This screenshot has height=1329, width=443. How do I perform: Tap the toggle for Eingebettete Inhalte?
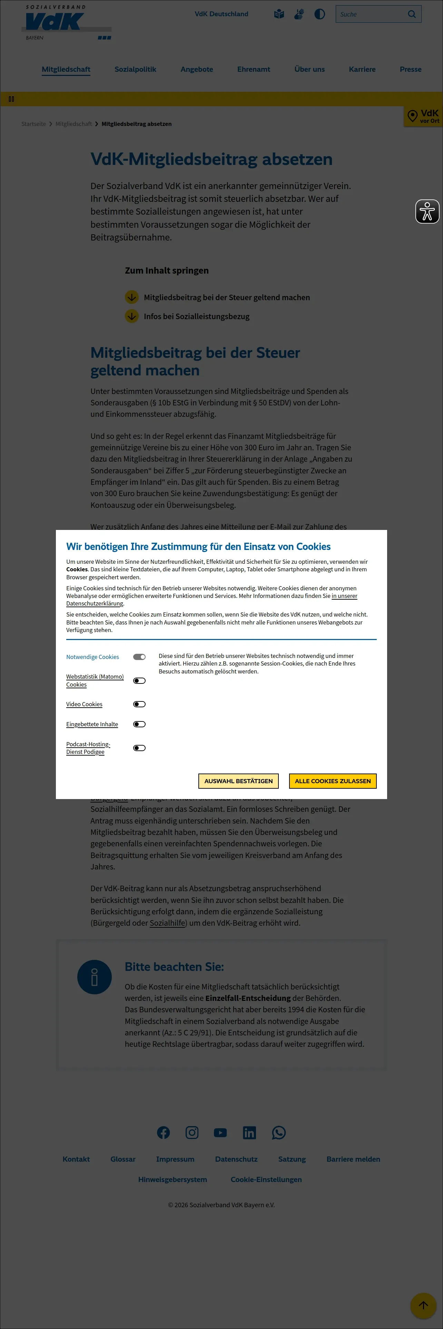coord(139,724)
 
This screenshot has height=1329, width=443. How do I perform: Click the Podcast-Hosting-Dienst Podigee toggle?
coord(139,748)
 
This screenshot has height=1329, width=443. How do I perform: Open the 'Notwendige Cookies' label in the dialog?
coord(92,657)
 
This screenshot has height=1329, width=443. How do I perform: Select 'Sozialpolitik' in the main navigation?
coord(135,69)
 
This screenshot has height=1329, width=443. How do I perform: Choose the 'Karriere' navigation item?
coord(362,69)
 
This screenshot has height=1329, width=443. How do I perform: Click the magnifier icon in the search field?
coord(412,14)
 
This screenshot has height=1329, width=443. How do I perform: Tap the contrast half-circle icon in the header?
coord(320,14)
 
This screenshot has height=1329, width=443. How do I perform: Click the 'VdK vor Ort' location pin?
coord(413,116)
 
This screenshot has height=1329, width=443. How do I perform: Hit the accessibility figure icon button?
coord(427,211)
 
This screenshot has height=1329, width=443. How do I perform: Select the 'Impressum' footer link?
coord(175,1159)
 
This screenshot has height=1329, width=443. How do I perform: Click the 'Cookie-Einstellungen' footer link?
coord(266,1179)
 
